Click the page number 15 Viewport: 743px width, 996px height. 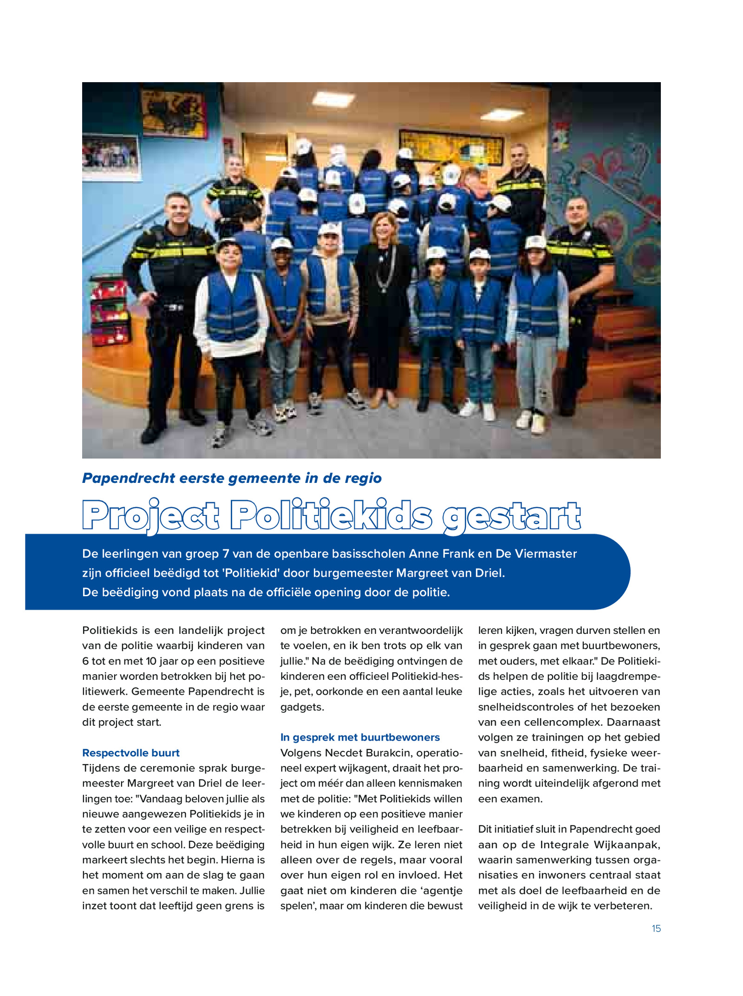(656, 928)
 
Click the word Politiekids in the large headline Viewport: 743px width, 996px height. (331, 516)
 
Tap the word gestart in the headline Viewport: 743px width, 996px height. (511, 517)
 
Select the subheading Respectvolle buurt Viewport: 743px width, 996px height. (131, 753)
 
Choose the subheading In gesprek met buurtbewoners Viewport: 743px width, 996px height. (360, 737)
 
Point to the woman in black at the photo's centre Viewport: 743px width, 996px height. (383, 302)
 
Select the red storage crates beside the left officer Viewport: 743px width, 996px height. (110, 311)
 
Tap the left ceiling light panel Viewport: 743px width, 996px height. (333, 98)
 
